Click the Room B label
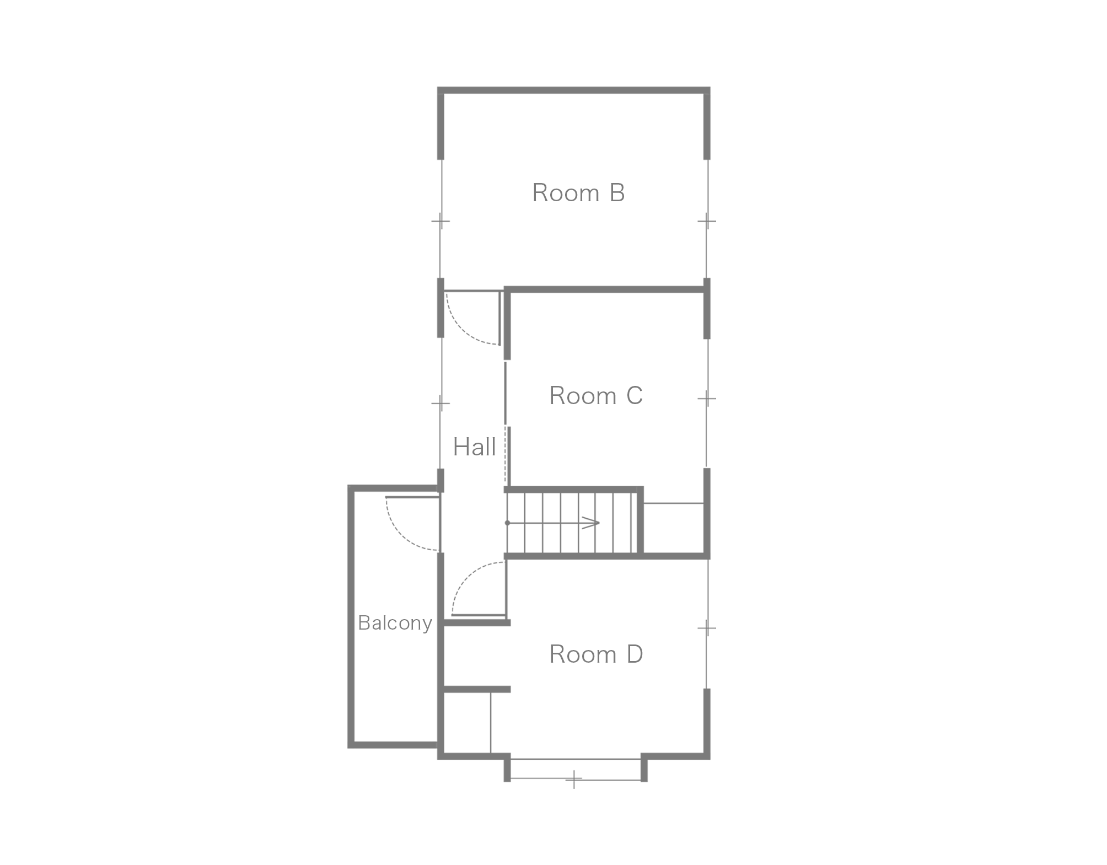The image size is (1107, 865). point(578,193)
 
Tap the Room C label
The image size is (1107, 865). point(596,396)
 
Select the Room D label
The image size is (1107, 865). point(596,654)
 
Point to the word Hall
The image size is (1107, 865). point(474,447)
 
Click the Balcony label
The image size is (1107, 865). point(395,623)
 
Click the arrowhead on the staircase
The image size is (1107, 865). point(591,523)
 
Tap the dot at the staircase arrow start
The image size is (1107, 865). point(507,523)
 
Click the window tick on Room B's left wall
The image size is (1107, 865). point(440,222)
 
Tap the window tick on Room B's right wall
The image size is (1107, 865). point(707,222)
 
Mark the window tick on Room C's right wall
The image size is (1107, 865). point(707,398)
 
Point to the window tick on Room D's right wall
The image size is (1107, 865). point(707,628)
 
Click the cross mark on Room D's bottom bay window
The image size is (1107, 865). point(574,780)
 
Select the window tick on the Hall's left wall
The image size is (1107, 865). point(440,404)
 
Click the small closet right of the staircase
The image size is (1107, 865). point(674,528)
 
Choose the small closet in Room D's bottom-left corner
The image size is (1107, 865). point(467,722)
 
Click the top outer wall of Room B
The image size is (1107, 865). point(573,90)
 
